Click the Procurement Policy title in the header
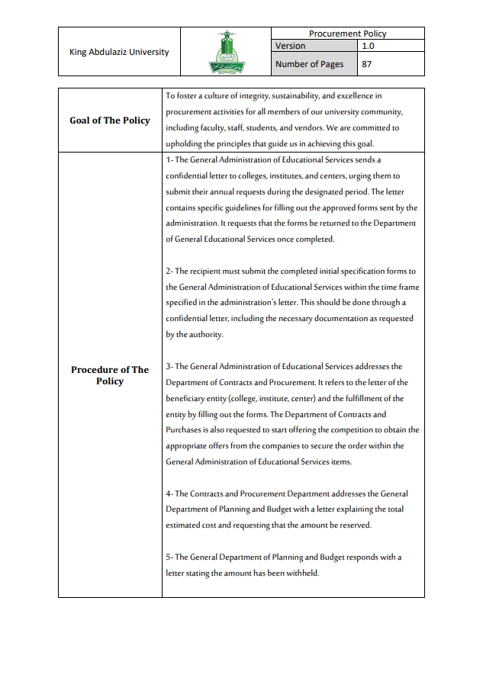coord(347,34)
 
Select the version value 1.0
coord(369,46)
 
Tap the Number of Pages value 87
coord(367,64)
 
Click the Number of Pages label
coord(309,64)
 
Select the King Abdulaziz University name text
coord(119,52)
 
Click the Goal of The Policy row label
coord(110,120)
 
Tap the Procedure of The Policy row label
coord(110,375)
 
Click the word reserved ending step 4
coord(353,525)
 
